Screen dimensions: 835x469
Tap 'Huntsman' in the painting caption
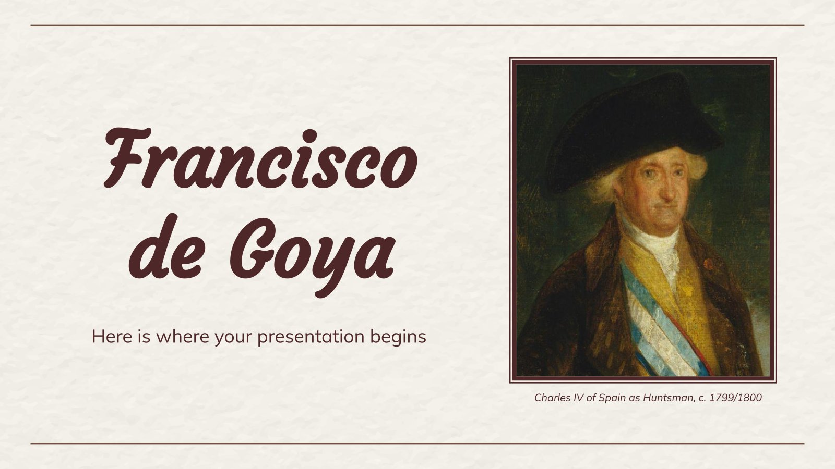click(x=670, y=398)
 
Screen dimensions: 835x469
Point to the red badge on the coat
click(x=708, y=264)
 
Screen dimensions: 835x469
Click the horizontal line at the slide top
click(x=417, y=26)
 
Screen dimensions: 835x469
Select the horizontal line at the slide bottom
click(x=417, y=443)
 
